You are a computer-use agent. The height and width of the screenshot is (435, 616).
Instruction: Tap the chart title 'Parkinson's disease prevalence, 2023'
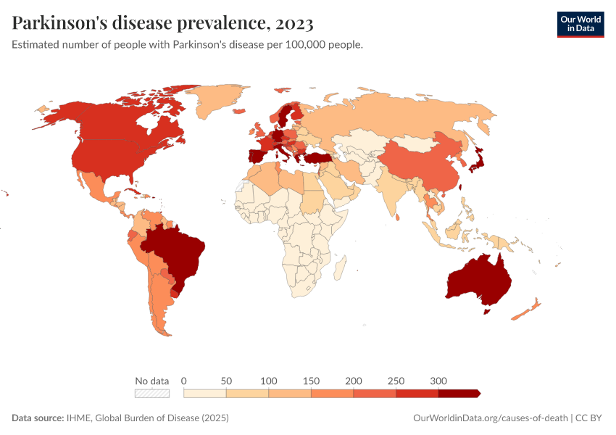point(163,23)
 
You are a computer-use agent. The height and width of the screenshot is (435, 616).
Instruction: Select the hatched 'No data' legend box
point(151,393)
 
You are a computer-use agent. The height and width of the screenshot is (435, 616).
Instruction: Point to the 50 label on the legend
point(226,381)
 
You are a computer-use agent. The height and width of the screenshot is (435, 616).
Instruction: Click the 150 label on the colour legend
point(311,381)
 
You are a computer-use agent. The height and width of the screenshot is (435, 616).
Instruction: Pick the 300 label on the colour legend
point(438,381)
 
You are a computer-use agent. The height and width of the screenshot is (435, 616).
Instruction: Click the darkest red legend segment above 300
point(458,393)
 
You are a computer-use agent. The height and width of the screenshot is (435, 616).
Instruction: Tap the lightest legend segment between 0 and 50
point(205,393)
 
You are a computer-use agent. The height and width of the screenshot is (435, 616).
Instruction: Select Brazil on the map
point(178,254)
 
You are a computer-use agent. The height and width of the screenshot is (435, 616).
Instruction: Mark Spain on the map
point(257,156)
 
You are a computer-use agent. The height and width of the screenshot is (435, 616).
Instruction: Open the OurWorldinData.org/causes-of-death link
point(488,418)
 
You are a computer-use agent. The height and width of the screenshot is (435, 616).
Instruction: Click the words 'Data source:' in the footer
point(38,418)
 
